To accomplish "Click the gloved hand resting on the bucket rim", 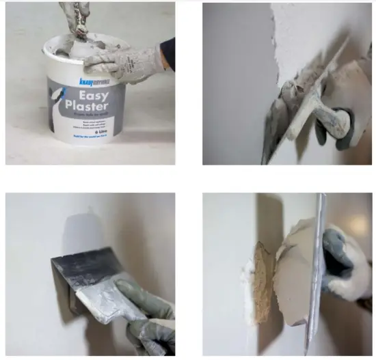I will (123, 64).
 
